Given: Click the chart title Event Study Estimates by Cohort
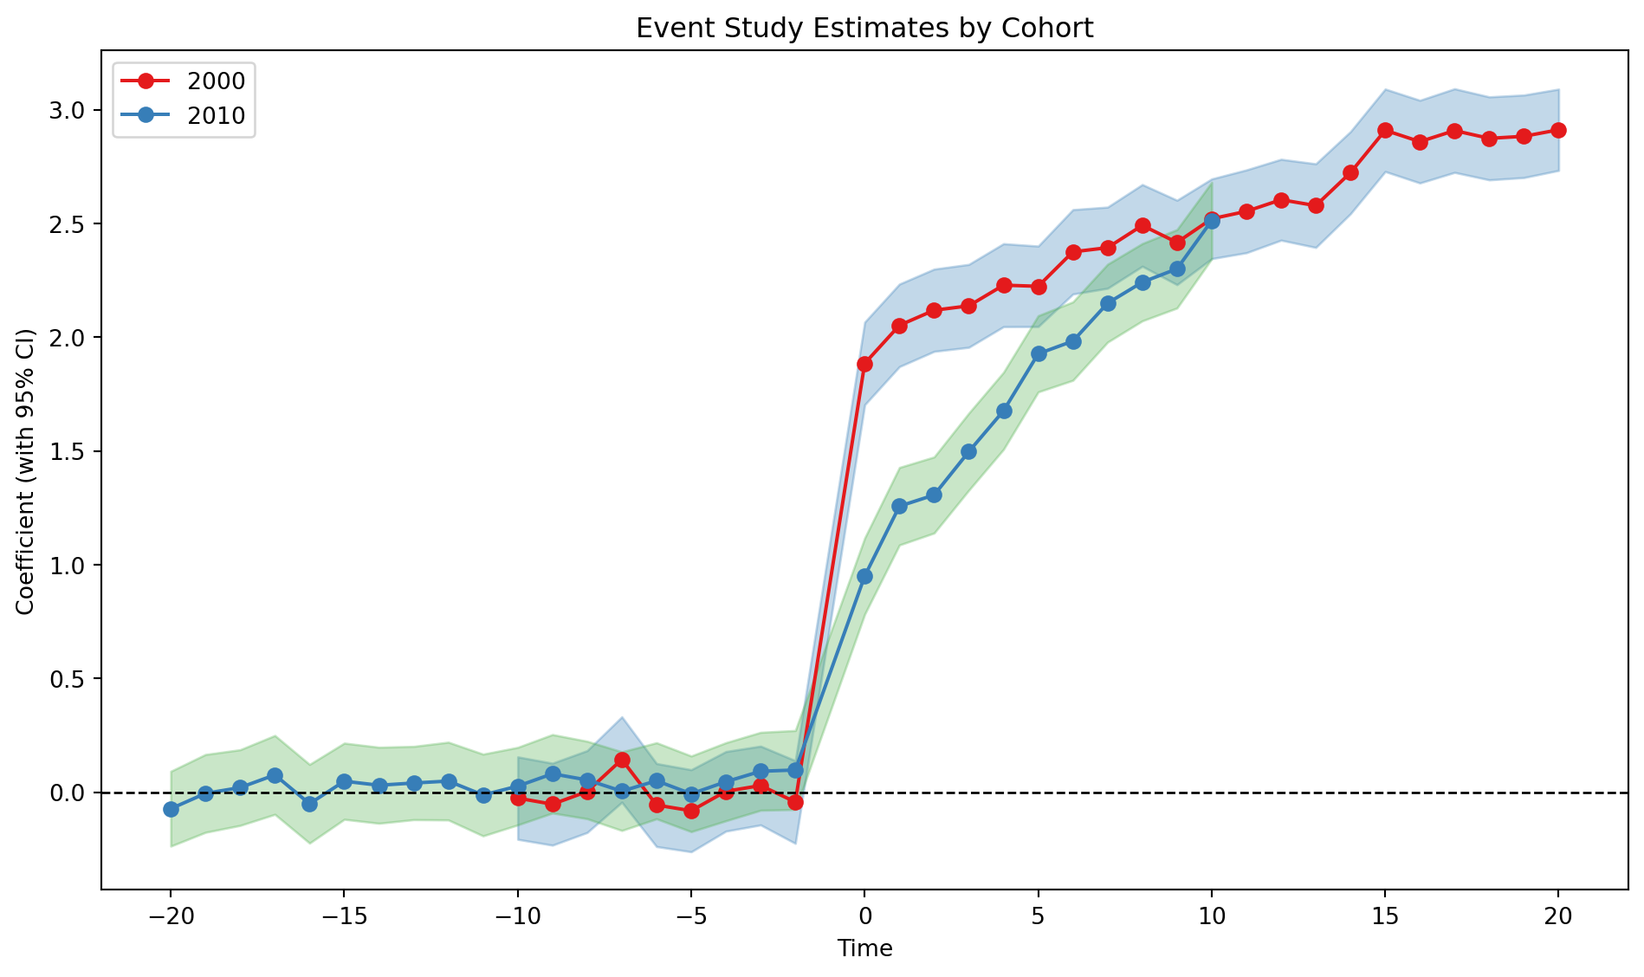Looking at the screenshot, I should pos(864,29).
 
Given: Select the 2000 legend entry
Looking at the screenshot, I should pos(216,81).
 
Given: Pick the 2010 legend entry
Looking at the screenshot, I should pos(216,116).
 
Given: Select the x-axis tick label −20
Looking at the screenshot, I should pos(171,917).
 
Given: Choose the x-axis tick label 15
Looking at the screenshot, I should pos(1385,917).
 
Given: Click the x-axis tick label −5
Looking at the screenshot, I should pos(691,917).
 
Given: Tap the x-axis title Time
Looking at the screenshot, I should pos(864,948).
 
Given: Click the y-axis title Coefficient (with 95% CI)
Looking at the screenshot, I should pos(25,472).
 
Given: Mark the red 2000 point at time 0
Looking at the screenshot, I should pos(864,364).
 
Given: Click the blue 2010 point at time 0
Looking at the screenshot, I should pos(864,576).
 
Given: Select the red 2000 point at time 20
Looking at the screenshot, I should pos(1558,130).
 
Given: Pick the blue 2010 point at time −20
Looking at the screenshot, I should pos(171,809).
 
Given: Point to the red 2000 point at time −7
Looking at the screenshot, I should pos(622,760).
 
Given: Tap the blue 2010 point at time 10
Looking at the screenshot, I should pos(1212,221).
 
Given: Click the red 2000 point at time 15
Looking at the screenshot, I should pos(1385,130).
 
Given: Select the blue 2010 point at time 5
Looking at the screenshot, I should pos(1039,353).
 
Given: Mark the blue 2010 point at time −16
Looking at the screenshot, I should pos(309,804).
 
